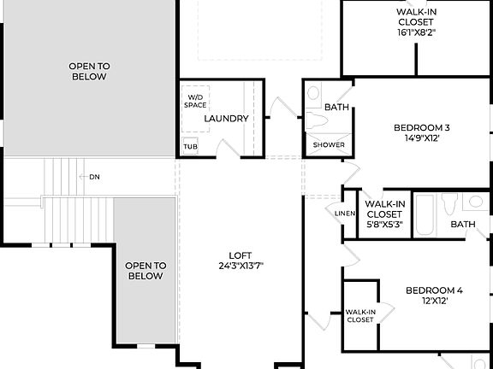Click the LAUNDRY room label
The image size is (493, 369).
point(227,119)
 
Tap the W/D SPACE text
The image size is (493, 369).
point(196,101)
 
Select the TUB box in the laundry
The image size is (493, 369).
point(190,146)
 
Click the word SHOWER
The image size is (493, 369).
point(329,145)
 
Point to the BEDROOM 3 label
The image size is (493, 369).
point(421,128)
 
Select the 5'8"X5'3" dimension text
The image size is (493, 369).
point(383,225)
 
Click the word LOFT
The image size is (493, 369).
point(241,255)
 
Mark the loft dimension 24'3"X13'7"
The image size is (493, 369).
point(241,266)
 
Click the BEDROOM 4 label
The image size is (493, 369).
point(433,290)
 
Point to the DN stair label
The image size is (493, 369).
point(94,177)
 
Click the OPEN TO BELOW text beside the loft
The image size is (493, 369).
point(146,271)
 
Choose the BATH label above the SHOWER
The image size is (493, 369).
point(336,108)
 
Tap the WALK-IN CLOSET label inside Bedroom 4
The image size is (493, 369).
point(359,315)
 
